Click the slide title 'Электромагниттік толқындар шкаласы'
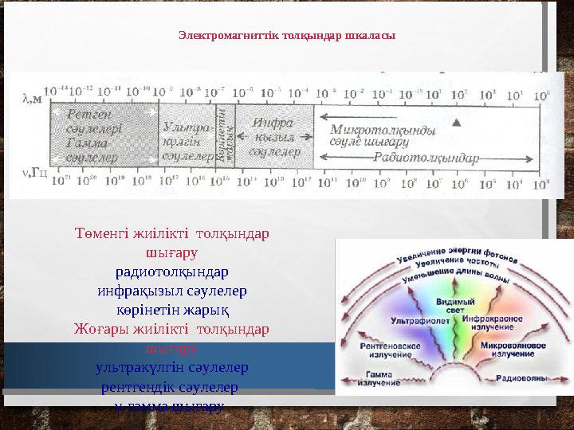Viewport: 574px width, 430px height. tap(287, 36)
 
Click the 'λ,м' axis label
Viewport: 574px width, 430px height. tap(30, 100)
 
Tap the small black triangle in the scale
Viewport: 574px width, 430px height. tap(456, 123)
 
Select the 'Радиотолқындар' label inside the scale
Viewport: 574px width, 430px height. tap(427, 158)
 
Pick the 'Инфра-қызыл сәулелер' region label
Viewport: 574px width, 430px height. tap(274, 136)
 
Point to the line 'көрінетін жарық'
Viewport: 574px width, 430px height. tap(171, 308)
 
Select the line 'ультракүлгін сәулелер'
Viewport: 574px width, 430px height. tap(171, 368)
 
